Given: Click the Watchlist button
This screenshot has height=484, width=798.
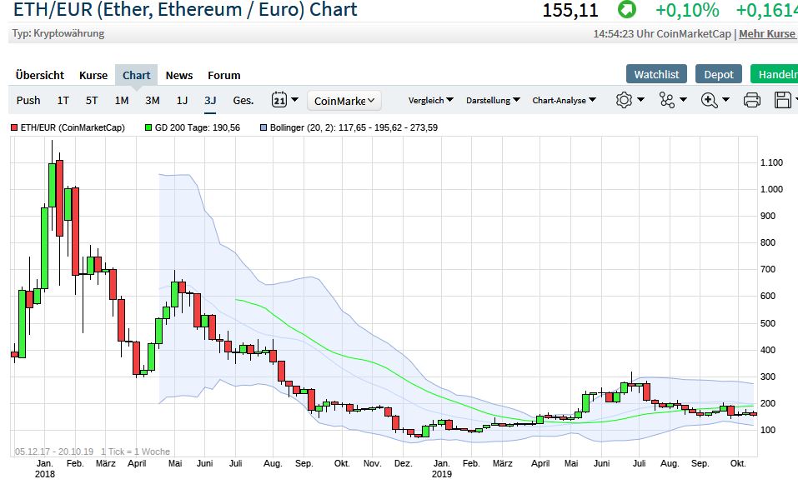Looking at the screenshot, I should tap(656, 74).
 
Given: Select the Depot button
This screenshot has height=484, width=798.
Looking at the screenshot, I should tap(718, 74).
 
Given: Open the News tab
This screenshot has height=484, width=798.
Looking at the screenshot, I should tap(179, 75).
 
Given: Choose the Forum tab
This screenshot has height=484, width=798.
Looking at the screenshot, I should tap(223, 75).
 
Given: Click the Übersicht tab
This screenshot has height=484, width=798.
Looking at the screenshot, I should tap(40, 75).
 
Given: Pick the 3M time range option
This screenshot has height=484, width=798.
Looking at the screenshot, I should tap(152, 100).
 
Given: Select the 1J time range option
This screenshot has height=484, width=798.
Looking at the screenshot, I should tap(182, 100).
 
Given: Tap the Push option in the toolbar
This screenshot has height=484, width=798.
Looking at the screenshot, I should tap(28, 100).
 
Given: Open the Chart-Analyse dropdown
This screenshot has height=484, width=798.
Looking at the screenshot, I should tap(565, 100).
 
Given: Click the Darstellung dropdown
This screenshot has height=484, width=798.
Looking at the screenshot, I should tap(494, 100).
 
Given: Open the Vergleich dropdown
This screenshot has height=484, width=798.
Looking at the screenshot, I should tap(430, 100).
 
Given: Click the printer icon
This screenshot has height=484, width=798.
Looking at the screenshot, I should tap(751, 100).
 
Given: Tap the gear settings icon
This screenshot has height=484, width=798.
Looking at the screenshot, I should tap(630, 100).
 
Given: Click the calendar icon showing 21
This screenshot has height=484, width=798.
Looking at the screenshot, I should tap(280, 100).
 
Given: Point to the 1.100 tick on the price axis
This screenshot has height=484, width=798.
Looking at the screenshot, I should tap(771, 162).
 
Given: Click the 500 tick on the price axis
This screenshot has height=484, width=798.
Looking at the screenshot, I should tap(768, 323).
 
